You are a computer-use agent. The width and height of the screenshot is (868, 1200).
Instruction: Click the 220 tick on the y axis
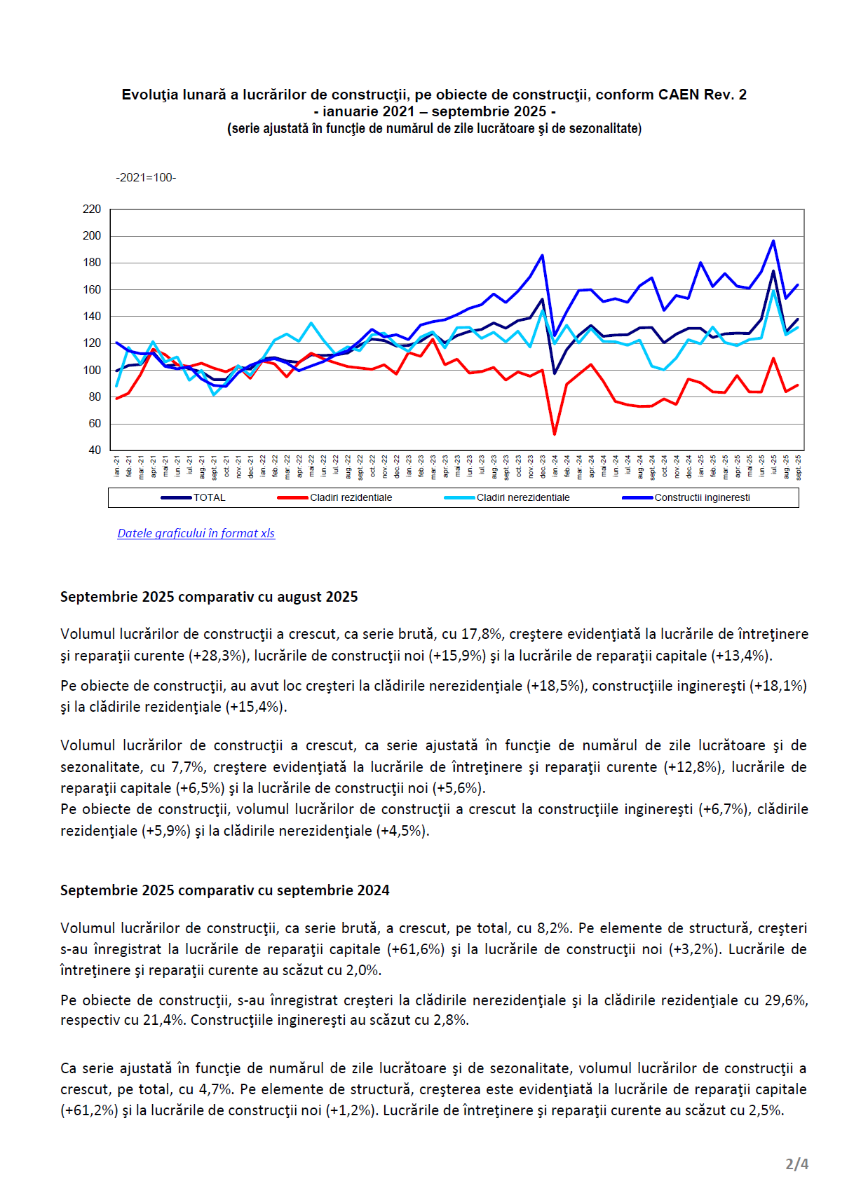coord(92,209)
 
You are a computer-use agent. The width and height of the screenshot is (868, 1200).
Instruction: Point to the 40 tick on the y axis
coord(95,450)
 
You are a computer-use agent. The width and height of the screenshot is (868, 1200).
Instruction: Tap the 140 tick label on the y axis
coord(92,316)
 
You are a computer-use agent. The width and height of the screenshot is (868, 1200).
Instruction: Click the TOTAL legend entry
coord(209,497)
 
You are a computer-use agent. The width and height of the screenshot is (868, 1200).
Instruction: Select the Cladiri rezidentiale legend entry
coord(351,497)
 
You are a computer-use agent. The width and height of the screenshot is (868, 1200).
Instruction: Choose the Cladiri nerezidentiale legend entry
coord(522,497)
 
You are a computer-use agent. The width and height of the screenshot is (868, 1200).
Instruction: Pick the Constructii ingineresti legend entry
coord(702,497)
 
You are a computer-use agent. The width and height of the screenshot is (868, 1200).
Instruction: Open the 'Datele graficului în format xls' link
coord(196,533)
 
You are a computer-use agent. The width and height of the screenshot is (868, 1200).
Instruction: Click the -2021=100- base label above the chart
coord(146,177)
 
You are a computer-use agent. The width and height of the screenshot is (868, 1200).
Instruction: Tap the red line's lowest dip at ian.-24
coord(555,434)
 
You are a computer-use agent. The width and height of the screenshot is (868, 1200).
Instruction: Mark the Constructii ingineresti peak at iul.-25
coord(773,241)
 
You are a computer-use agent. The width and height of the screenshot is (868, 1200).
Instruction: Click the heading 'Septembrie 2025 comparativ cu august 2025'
coord(209,597)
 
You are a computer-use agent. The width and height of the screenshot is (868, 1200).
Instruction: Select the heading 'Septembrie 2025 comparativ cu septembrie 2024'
coord(224,890)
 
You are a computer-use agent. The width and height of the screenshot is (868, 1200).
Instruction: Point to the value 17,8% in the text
coord(481,634)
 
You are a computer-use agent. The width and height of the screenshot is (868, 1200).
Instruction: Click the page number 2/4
coord(796,1164)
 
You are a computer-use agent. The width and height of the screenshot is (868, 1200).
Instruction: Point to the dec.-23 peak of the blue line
coord(542,255)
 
